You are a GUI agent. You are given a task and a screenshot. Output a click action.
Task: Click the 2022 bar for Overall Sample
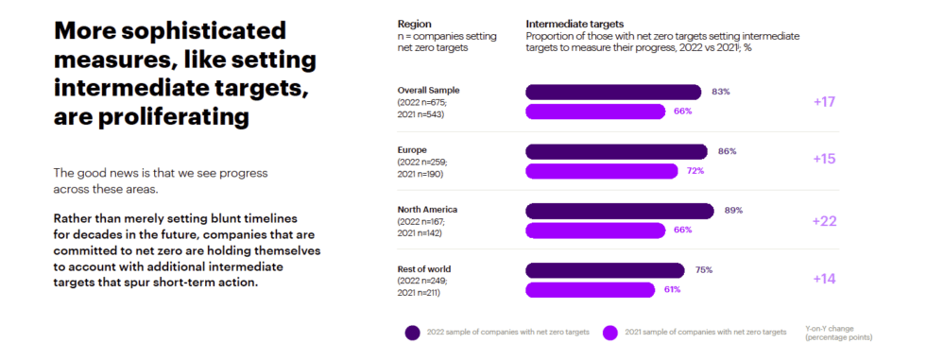click(x=612, y=92)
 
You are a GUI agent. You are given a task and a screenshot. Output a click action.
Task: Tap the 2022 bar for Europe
click(x=615, y=151)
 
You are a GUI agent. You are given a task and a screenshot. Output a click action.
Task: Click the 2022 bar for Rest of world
click(x=604, y=270)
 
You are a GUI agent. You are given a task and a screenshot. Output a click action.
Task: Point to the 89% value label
click(x=733, y=210)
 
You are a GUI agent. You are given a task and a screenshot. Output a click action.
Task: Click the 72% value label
click(x=695, y=171)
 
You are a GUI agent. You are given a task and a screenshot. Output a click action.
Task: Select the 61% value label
click(x=672, y=289)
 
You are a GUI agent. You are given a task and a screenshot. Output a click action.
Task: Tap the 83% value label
click(x=721, y=92)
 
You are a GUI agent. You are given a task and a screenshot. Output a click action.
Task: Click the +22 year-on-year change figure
click(x=824, y=220)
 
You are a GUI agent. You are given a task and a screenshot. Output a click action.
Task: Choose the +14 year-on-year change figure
click(x=824, y=280)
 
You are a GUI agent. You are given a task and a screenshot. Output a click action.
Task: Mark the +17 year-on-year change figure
click(x=824, y=101)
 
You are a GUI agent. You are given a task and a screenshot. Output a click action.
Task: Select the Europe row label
click(x=413, y=149)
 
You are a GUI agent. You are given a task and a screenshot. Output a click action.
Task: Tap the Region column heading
click(x=414, y=23)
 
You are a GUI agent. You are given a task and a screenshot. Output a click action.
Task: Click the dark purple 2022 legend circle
click(x=412, y=332)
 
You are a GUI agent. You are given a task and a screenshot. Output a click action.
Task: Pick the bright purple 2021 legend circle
click(x=610, y=332)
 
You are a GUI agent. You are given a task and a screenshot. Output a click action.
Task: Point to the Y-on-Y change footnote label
click(x=838, y=332)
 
